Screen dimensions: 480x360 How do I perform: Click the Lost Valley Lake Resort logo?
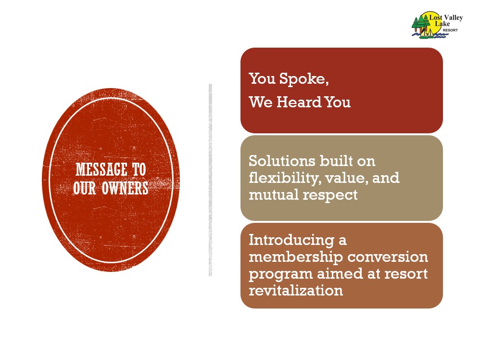437,25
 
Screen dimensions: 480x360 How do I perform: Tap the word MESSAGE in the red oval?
101,169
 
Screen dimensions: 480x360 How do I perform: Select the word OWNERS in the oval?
125,188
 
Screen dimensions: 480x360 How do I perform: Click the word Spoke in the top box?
304,79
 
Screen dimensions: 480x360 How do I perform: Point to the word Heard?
299,102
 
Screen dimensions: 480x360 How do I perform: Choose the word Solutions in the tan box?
282,161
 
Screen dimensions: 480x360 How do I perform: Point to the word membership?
296,257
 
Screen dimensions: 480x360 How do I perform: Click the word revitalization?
296,290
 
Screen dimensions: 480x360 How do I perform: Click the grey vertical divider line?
210,180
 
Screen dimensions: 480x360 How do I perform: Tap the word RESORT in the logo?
450,30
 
